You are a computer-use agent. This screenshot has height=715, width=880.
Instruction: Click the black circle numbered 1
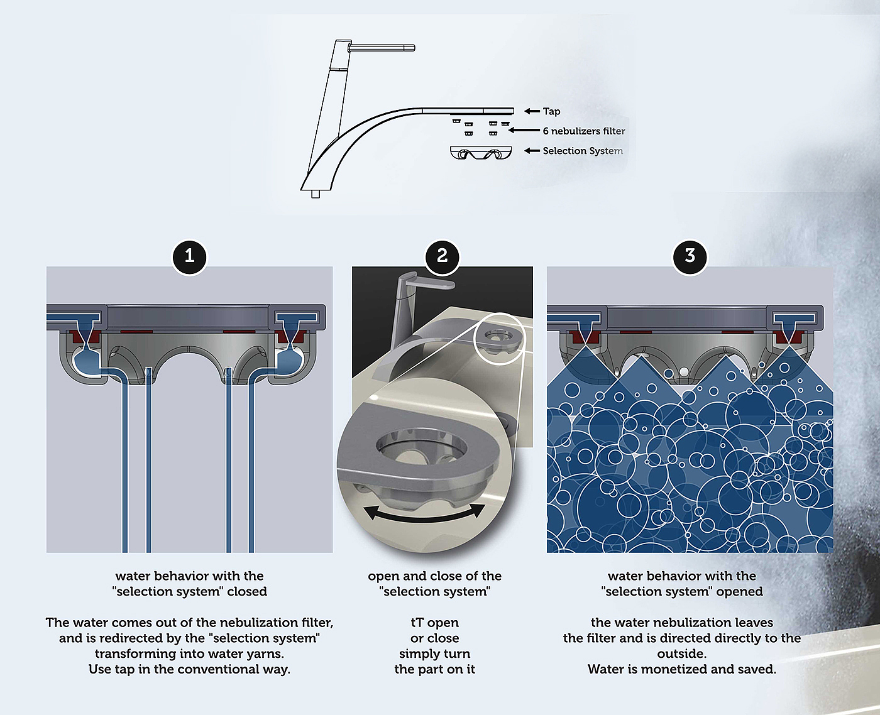pyautogui.click(x=190, y=256)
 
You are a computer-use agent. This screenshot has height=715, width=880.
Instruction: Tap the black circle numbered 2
pyautogui.click(x=442, y=256)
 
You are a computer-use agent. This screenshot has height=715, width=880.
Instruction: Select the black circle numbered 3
pyautogui.click(x=690, y=256)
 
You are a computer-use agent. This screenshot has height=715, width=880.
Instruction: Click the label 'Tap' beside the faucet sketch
pyautogui.click(x=551, y=111)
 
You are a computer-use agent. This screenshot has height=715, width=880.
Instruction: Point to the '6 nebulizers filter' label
pyautogui.click(x=584, y=131)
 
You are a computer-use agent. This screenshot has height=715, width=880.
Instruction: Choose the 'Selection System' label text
pyautogui.click(x=583, y=151)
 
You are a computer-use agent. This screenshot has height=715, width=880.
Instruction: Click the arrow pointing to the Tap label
pyautogui.click(x=532, y=111)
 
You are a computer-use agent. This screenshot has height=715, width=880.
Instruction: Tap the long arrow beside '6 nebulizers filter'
pyautogui.click(x=524, y=130)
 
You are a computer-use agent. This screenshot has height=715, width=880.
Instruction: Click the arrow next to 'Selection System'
pyautogui.click(x=532, y=151)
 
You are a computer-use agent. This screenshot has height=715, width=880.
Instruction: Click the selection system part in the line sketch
pyautogui.click(x=480, y=153)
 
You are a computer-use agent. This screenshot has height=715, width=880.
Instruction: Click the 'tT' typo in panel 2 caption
pyautogui.click(x=417, y=623)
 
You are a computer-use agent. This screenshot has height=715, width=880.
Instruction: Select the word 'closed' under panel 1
pyautogui.click(x=247, y=591)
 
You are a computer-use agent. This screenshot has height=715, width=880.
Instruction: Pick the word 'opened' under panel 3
pyautogui.click(x=740, y=592)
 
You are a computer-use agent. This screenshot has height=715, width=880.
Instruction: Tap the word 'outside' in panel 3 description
pyautogui.click(x=680, y=653)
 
